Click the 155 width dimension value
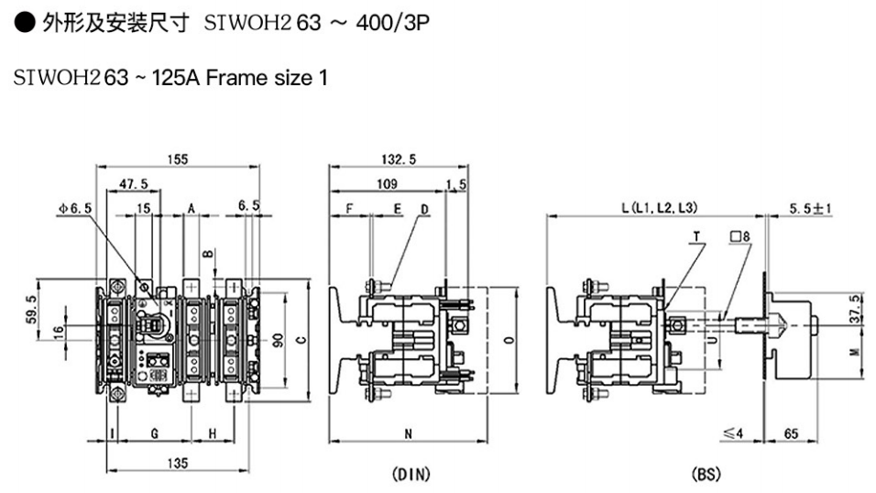[178, 159]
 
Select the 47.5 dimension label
[134, 184]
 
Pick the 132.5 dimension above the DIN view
[398, 159]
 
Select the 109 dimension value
[386, 184]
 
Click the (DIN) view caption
[411, 475]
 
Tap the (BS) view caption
[705, 475]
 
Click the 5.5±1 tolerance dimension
[810, 209]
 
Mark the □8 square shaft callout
[740, 236]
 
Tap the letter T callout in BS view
[696, 236]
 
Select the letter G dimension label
[155, 433]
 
